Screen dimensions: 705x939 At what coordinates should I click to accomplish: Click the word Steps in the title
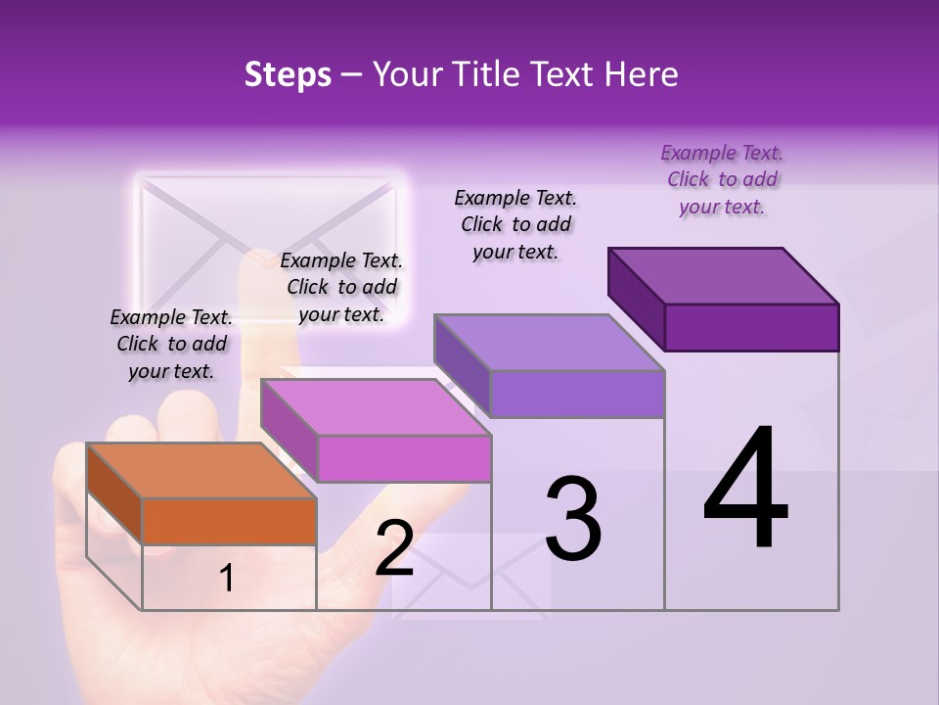point(288,75)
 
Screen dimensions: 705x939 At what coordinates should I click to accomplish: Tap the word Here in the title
point(642,75)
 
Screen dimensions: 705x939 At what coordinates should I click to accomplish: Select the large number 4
point(745,490)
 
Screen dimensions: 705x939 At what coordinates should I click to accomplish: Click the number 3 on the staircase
point(573,519)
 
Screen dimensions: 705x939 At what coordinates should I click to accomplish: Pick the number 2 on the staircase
point(394,549)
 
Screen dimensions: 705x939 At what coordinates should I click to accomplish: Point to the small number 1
point(227,579)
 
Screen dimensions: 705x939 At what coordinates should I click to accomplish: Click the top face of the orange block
point(201,471)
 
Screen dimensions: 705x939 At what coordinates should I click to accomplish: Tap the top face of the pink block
point(376,407)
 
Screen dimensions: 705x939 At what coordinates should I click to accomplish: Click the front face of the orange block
point(229,521)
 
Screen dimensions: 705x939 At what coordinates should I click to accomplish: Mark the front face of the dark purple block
point(751,327)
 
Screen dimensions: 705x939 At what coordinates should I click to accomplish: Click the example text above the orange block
point(171,344)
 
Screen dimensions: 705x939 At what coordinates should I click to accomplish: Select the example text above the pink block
point(341,287)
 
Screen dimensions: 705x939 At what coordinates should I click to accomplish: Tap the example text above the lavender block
point(515,224)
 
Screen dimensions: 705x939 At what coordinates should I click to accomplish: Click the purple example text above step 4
point(722,179)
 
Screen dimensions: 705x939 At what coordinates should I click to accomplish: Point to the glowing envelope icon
point(270,245)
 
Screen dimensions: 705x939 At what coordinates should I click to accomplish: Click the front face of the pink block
point(404,458)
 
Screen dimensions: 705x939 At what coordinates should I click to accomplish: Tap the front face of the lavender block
point(577,395)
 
